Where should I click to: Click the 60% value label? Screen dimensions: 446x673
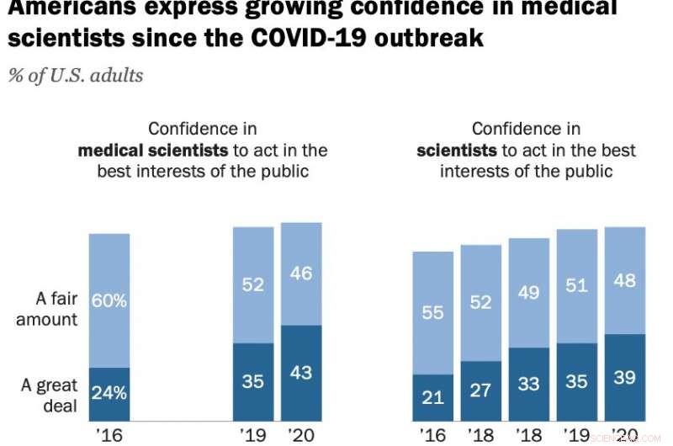click(109, 300)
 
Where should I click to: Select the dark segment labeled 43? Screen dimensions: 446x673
click(301, 373)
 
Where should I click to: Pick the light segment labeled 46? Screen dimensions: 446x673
click(301, 273)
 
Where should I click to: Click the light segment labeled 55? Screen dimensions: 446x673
click(432, 312)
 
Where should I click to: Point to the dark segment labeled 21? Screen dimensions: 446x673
click(432, 398)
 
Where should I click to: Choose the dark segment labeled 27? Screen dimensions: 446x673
click(480, 391)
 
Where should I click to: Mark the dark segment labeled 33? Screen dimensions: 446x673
click(529, 385)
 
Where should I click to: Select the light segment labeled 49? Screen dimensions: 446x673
click(529, 292)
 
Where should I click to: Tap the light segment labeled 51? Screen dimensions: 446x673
click(577, 286)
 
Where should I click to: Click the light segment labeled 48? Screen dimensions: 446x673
click(625, 280)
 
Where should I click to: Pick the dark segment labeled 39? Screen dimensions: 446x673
click(625, 378)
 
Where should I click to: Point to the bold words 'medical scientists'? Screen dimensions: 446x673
click(152, 151)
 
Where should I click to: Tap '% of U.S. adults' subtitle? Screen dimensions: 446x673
click(76, 75)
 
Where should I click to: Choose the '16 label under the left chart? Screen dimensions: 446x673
click(109, 435)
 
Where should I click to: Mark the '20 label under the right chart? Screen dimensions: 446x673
click(625, 435)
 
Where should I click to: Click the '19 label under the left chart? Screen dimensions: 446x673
click(253, 435)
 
